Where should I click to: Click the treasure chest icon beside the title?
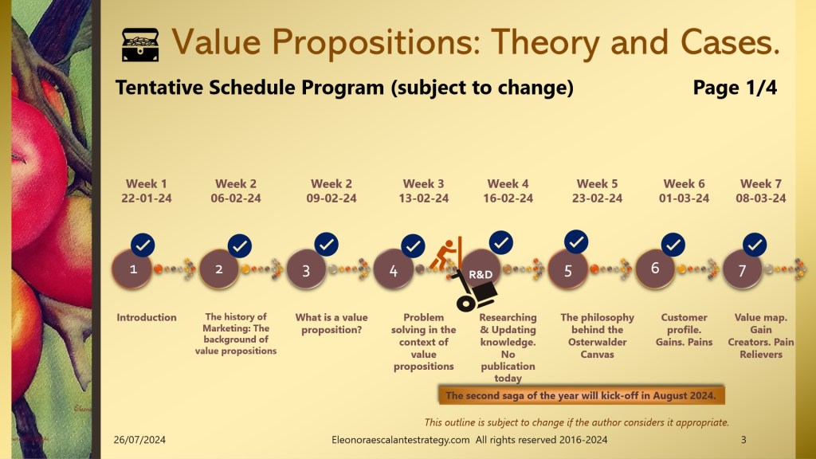click(x=140, y=45)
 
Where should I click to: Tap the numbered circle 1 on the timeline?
click(x=132, y=269)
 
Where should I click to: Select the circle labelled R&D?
click(x=480, y=271)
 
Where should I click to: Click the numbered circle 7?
click(x=742, y=269)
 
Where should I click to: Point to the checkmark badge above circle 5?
click(x=576, y=242)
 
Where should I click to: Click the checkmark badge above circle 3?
click(x=326, y=245)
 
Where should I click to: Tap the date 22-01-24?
click(x=147, y=198)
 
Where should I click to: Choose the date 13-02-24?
click(x=424, y=198)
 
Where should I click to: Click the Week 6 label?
click(x=684, y=184)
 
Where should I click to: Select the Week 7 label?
click(x=761, y=184)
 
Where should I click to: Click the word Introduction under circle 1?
click(x=147, y=317)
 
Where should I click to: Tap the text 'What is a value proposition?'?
click(x=331, y=324)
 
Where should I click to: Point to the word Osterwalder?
click(x=598, y=342)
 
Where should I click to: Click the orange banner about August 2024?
click(x=581, y=395)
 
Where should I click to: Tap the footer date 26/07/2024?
click(x=139, y=440)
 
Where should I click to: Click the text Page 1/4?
click(x=735, y=88)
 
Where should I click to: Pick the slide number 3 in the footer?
click(x=743, y=440)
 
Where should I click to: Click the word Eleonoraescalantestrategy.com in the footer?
click(x=401, y=440)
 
